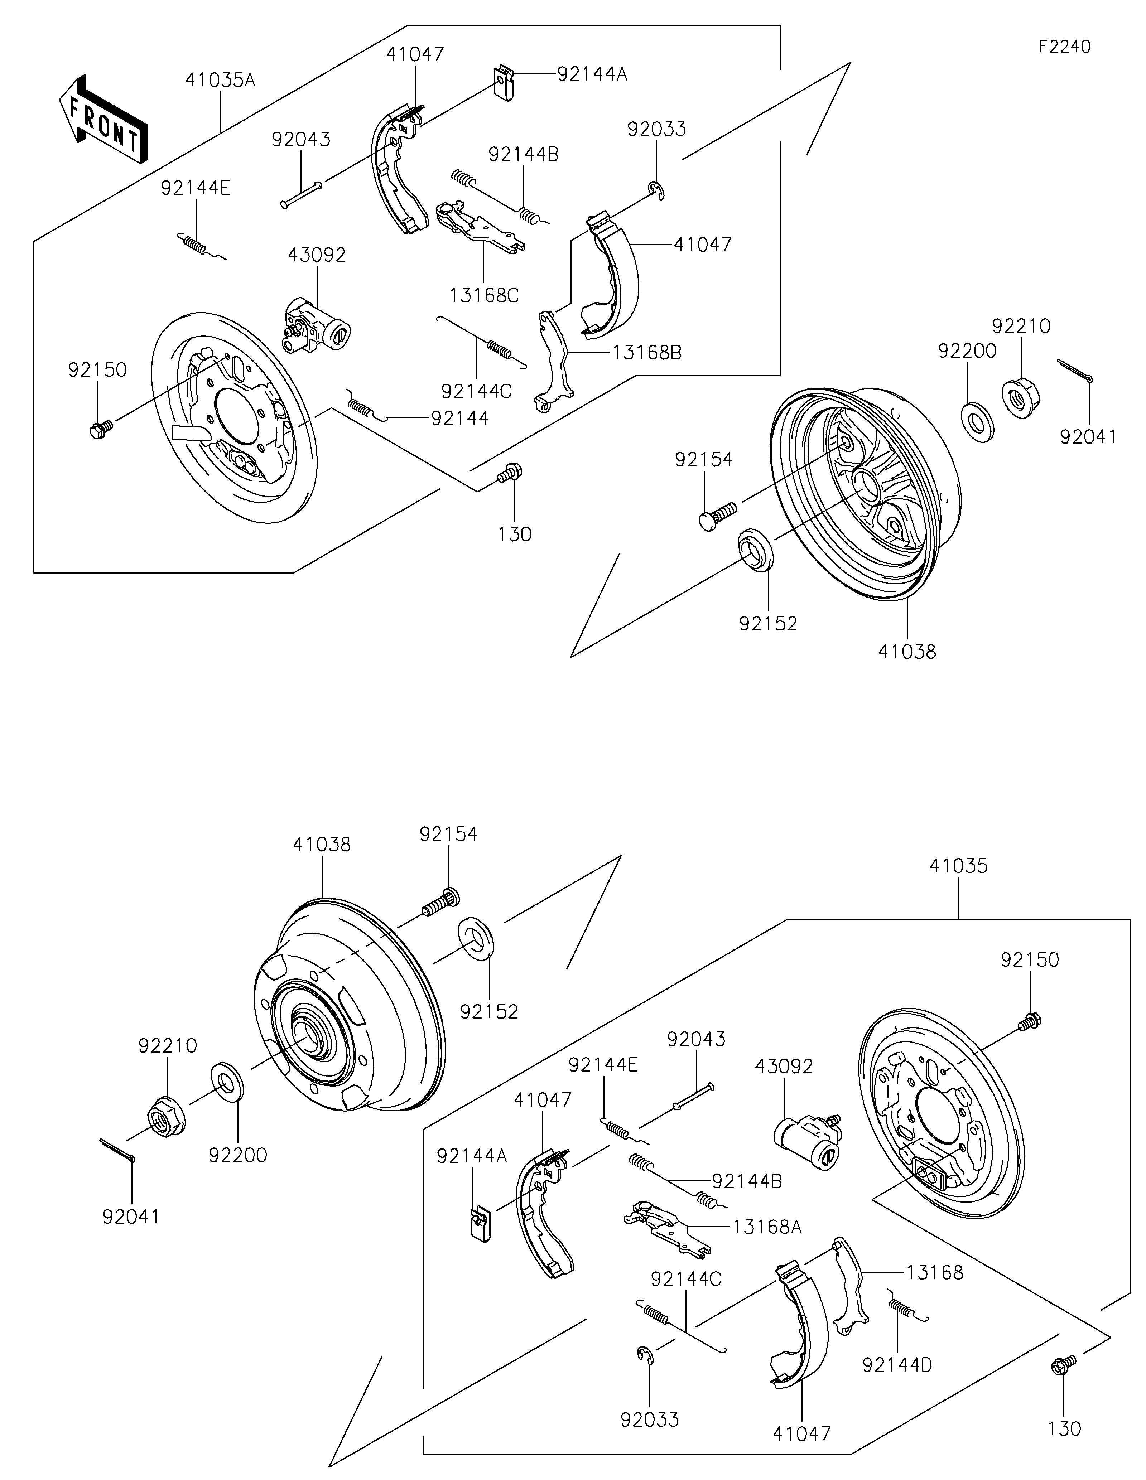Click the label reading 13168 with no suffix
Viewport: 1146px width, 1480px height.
coord(934,1273)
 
